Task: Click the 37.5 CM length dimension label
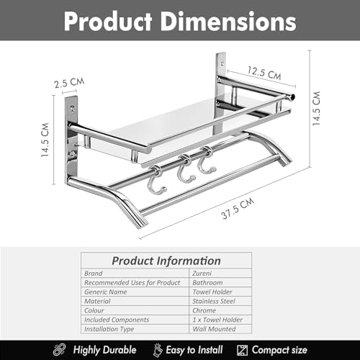[238, 208]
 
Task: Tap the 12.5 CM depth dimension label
[264, 73]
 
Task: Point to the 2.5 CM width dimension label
[69, 83]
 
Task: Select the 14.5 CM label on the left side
[45, 140]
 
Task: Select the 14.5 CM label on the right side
[316, 108]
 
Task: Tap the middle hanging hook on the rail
[185, 169]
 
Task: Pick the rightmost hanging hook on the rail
[206, 161]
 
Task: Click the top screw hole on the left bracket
[73, 109]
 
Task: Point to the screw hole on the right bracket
[222, 64]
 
